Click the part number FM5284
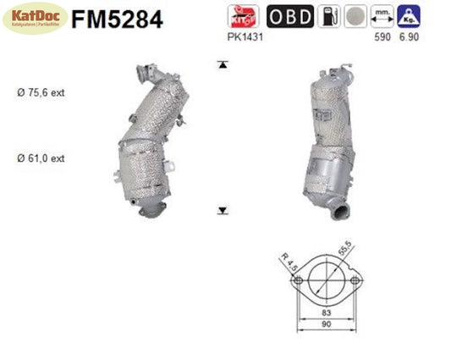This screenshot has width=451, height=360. [118, 18]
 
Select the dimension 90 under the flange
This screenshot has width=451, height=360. [326, 334]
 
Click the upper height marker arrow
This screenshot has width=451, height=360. [223, 64]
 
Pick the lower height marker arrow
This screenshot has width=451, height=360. [223, 210]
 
